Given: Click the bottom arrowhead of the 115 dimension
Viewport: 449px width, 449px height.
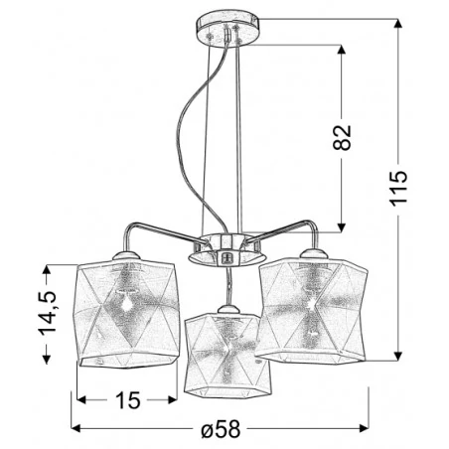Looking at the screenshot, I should (398, 357).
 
